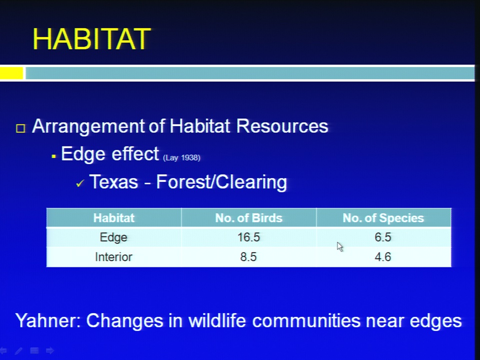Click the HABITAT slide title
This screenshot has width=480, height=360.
[91, 39]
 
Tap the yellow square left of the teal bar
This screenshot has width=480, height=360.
[11, 73]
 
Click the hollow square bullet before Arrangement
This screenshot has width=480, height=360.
[20, 128]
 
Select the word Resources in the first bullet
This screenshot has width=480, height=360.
[282, 126]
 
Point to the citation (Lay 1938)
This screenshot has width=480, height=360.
[181, 157]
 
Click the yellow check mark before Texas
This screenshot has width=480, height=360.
[80, 183]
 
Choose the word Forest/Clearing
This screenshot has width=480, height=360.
[221, 182]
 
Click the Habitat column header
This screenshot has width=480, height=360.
[114, 218]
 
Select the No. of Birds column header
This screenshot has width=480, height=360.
[248, 218]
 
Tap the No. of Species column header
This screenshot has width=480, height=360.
[383, 218]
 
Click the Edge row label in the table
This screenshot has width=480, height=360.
[113, 237]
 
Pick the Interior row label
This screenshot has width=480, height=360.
[113, 257]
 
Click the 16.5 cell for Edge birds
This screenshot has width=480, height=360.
[248, 237]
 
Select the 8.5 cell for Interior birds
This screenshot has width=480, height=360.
[248, 257]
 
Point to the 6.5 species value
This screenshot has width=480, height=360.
[383, 237]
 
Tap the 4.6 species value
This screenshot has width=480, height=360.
[383, 257]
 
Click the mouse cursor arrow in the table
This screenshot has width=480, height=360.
[340, 246]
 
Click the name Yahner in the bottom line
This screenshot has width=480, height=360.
[48, 321]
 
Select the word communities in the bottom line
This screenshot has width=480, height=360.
[306, 321]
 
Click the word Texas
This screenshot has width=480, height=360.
[113, 182]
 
